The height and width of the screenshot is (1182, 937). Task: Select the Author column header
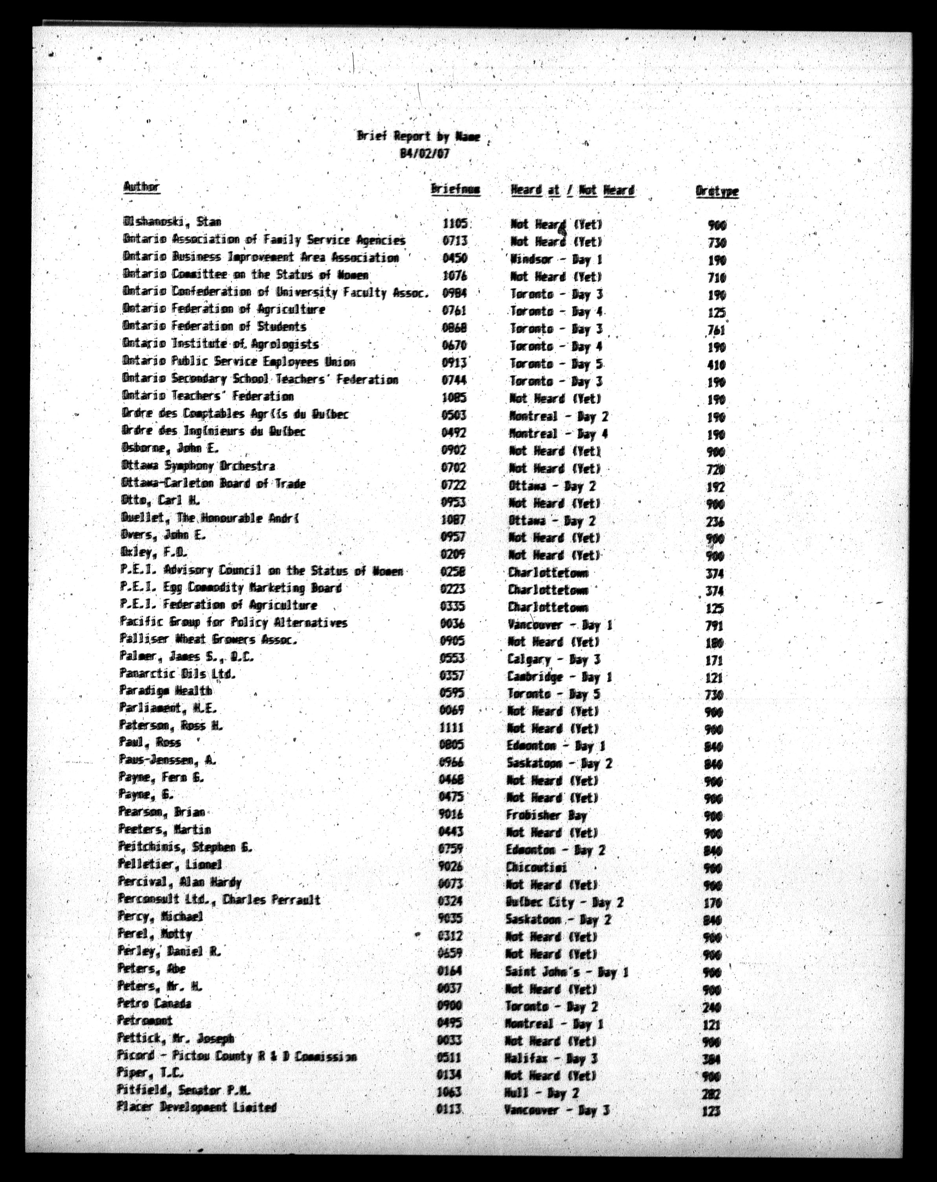(x=141, y=187)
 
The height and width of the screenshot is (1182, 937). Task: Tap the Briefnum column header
(x=455, y=190)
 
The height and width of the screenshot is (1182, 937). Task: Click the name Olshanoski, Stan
(x=172, y=222)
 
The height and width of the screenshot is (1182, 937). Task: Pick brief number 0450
(x=454, y=258)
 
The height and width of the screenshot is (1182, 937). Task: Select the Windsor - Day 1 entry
(x=555, y=259)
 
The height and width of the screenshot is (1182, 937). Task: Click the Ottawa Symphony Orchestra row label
(x=198, y=466)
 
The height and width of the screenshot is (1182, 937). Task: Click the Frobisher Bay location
(x=546, y=815)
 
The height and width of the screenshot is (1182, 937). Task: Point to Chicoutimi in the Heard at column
(x=536, y=867)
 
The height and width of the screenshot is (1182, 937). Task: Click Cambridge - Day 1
(x=559, y=677)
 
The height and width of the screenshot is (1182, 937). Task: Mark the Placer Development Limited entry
(x=196, y=1107)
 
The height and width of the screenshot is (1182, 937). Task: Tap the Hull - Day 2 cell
(x=541, y=1093)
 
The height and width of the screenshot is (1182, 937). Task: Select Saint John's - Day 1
(x=566, y=972)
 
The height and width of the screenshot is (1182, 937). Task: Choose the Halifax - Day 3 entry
(x=551, y=1058)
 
